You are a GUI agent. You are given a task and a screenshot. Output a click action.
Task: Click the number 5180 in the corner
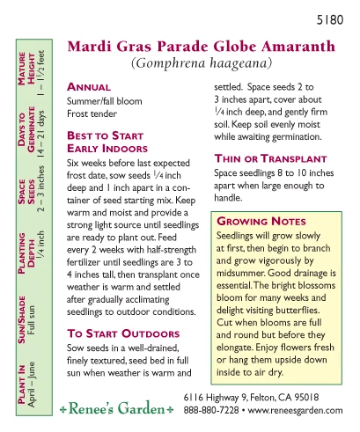pyautogui.click(x=332, y=18)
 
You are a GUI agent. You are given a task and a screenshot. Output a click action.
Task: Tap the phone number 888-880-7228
pyautogui.click(x=210, y=411)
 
